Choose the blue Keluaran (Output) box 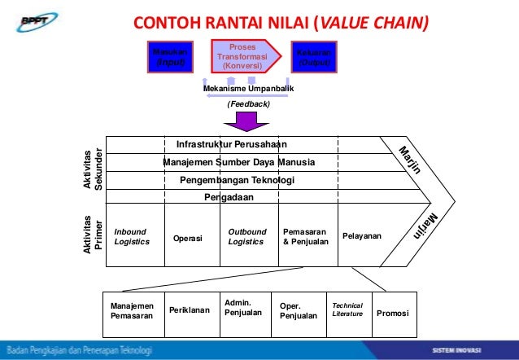[315, 56]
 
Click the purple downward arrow [247, 121]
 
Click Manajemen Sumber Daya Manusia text [238, 162]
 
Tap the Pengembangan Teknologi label [237, 180]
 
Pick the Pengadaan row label [229, 197]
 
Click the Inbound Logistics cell [133, 236]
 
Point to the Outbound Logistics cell [247, 236]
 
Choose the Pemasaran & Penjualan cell [305, 236]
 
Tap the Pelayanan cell [361, 236]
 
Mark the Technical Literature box [347, 310]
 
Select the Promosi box [392, 313]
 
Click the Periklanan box [189, 310]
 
